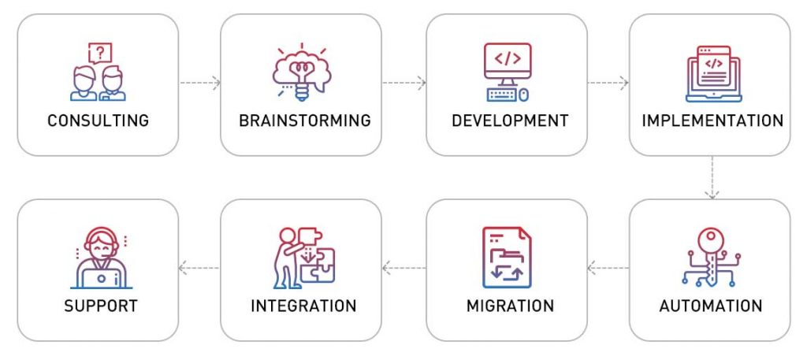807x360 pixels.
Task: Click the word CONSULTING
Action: (x=98, y=121)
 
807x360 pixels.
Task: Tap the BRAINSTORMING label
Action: (x=305, y=121)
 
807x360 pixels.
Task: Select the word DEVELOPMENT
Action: (x=510, y=121)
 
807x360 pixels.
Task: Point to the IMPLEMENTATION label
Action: (x=712, y=121)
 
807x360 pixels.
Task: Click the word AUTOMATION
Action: (x=711, y=306)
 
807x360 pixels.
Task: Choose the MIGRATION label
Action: (x=510, y=306)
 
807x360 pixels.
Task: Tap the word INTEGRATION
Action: (x=303, y=306)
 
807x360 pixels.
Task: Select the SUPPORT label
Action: (x=101, y=306)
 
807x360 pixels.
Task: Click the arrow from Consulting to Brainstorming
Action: (x=200, y=82)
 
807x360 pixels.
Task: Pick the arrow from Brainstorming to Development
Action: (x=404, y=82)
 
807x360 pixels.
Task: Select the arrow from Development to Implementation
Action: (x=608, y=82)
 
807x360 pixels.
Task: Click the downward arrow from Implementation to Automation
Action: (x=712, y=177)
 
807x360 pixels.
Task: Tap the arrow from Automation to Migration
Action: (x=608, y=267)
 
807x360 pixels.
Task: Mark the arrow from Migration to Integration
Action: (x=404, y=267)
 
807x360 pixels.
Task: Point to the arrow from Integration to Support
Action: (x=199, y=267)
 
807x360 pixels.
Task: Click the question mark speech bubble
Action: (x=100, y=53)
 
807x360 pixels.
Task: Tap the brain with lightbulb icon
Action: (x=302, y=72)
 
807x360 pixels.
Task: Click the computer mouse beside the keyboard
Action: (x=524, y=95)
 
